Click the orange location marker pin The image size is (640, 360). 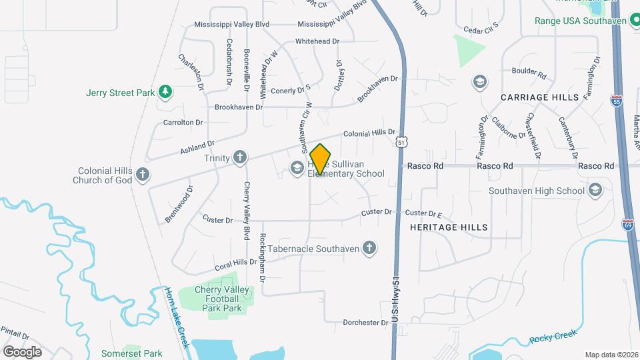(x=320, y=159)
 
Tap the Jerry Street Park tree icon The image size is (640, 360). (x=164, y=93)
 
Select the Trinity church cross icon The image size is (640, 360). (x=239, y=158)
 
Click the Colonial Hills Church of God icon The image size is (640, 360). (x=142, y=175)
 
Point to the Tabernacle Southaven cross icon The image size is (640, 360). (x=367, y=249)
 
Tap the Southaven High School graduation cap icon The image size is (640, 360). (x=595, y=191)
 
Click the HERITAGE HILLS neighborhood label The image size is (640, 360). (x=449, y=227)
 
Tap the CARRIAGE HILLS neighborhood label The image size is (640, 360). (x=540, y=97)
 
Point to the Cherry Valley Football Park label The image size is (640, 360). (x=222, y=299)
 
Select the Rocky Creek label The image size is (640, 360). (x=551, y=339)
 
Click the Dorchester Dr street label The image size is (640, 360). (x=365, y=323)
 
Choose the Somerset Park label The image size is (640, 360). (x=131, y=353)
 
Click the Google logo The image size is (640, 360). (x=22, y=351)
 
